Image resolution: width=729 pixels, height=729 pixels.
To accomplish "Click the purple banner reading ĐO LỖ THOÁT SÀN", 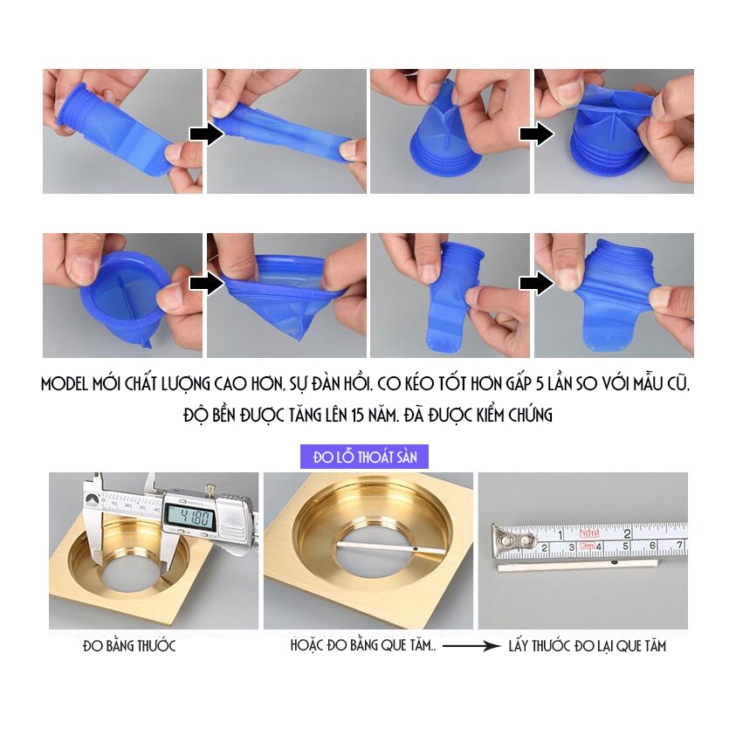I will tap(364, 457).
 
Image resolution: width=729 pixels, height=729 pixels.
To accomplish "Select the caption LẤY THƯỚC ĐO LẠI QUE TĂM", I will tap(588, 646).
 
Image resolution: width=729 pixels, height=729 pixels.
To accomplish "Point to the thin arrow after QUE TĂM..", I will tap(471, 647).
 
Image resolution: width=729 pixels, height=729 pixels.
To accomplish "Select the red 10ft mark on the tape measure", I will tap(590, 533).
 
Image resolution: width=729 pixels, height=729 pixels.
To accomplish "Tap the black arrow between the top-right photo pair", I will tap(535, 134).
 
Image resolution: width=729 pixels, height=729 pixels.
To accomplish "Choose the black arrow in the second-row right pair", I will tap(535, 284).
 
